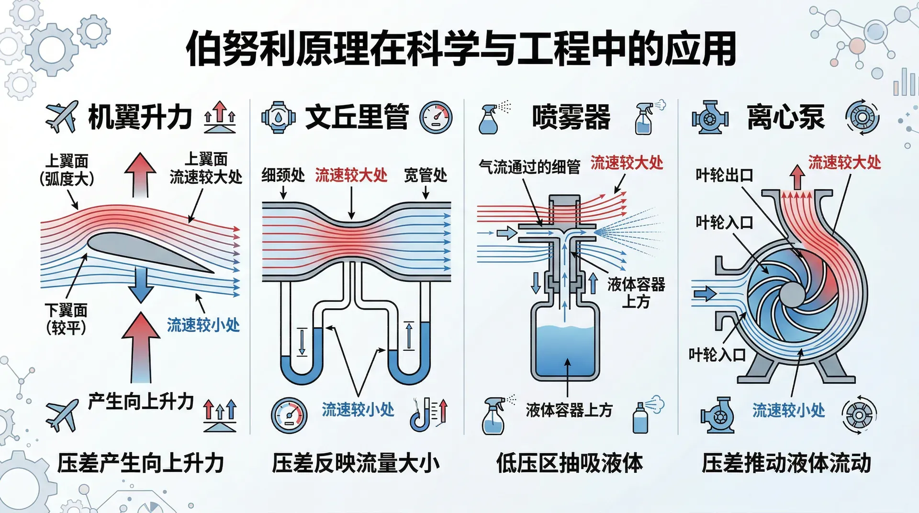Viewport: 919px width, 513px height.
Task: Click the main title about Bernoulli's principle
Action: click(460, 49)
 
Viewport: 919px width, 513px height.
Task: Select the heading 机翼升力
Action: click(140, 117)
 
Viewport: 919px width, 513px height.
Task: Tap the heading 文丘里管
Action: click(357, 117)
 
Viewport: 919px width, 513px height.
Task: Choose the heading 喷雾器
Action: click(571, 117)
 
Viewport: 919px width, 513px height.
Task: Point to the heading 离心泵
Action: click(785, 117)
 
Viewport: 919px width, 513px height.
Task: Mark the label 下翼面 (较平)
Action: click(66, 319)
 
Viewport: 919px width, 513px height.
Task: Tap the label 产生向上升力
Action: click(141, 401)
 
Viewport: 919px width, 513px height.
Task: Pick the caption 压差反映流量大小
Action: click(356, 463)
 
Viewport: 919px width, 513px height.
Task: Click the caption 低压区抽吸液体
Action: click(570, 463)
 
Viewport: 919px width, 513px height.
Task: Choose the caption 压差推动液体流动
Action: click(786, 463)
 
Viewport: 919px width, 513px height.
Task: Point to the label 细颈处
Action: click(283, 175)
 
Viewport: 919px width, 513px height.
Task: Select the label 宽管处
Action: click(426, 175)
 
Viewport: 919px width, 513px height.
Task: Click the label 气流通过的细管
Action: click(529, 167)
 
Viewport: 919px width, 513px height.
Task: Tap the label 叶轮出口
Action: click(724, 175)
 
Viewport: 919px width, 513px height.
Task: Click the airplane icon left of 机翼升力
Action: click(61, 116)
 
